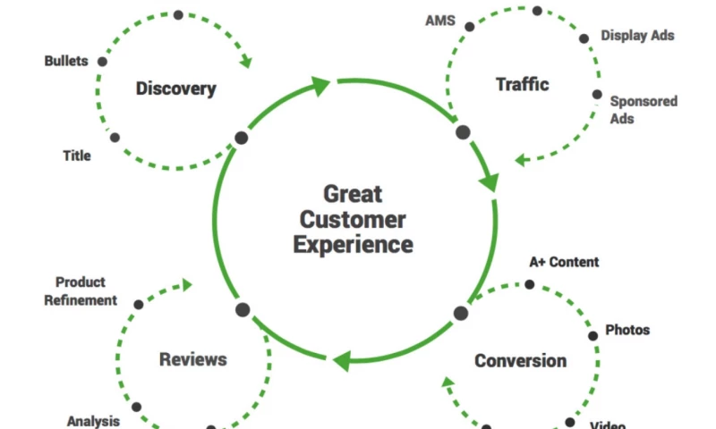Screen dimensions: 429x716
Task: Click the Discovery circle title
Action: pyautogui.click(x=175, y=88)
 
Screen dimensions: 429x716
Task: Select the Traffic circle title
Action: pyautogui.click(x=522, y=85)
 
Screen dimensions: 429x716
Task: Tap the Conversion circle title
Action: pyautogui.click(x=520, y=361)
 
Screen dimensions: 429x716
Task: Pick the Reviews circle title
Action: pyautogui.click(x=192, y=359)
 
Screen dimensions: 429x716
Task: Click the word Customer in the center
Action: pyautogui.click(x=353, y=220)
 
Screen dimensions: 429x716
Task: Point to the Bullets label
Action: pyautogui.click(x=66, y=61)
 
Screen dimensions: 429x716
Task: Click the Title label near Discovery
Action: pyautogui.click(x=77, y=156)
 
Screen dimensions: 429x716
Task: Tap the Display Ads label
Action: pyautogui.click(x=637, y=36)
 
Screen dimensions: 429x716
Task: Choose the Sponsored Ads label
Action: pyautogui.click(x=643, y=110)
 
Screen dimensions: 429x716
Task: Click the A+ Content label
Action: pyautogui.click(x=564, y=262)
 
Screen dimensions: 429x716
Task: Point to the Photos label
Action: pyautogui.click(x=627, y=330)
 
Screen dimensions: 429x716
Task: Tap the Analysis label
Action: pyautogui.click(x=94, y=421)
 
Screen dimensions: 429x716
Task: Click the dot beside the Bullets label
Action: pyautogui.click(x=102, y=62)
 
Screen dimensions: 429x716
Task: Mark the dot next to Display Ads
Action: pyautogui.click(x=584, y=38)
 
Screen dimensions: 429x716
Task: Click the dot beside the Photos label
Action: pyautogui.click(x=592, y=336)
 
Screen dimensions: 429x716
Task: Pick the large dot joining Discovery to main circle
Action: pyautogui.click(x=241, y=139)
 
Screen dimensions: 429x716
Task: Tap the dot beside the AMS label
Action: pyautogui.click(x=469, y=27)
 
